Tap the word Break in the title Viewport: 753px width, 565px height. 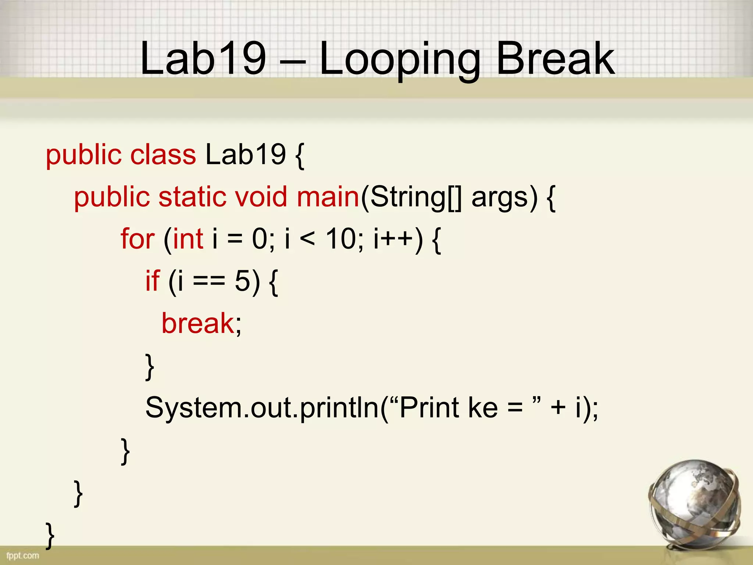pyautogui.click(x=555, y=58)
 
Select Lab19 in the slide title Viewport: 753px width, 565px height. pyautogui.click(x=203, y=58)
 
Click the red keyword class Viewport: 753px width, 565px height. pyautogui.click(x=163, y=154)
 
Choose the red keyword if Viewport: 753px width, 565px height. pyautogui.click(x=153, y=281)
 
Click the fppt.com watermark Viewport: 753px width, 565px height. pyautogui.click(x=22, y=555)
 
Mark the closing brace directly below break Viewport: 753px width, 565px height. pyautogui.click(x=150, y=367)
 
